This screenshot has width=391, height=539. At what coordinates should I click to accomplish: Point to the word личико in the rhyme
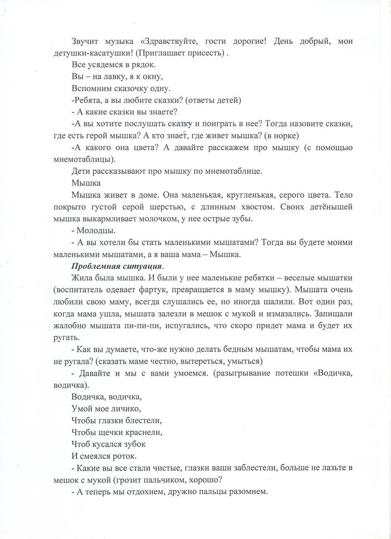(x=125, y=408)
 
